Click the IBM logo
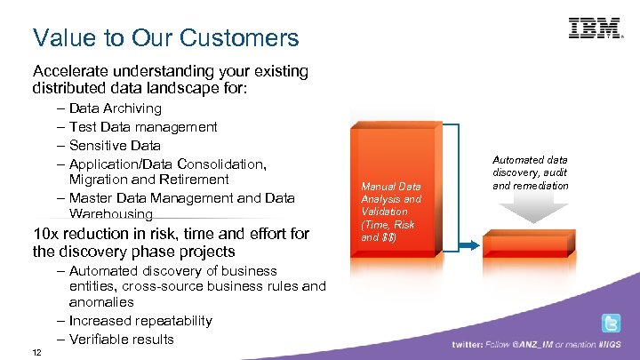click(595, 28)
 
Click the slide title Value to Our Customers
click(165, 38)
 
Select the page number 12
click(36, 352)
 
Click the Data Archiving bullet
click(115, 108)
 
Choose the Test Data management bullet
click(142, 127)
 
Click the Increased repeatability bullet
click(140, 321)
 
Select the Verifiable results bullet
click(121, 340)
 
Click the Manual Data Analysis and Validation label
click(390, 212)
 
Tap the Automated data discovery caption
click(530, 172)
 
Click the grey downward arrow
click(530, 212)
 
